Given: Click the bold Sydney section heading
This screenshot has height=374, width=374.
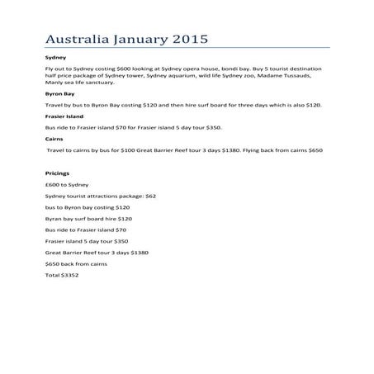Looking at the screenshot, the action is [54, 58].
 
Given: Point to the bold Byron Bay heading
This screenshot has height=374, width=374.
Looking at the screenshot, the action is [59, 95].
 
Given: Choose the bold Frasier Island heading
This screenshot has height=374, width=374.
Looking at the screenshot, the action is [65, 117].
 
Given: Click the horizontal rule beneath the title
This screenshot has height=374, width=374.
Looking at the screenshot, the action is [187, 49].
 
